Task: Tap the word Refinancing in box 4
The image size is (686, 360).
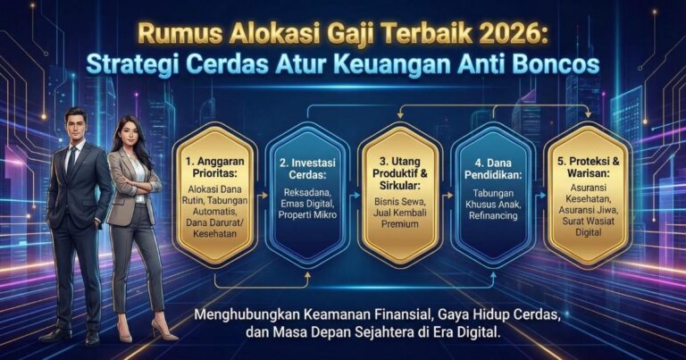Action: (x=494, y=215)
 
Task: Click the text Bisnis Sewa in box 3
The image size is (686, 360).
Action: (x=400, y=204)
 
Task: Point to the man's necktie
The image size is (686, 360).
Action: (x=71, y=161)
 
